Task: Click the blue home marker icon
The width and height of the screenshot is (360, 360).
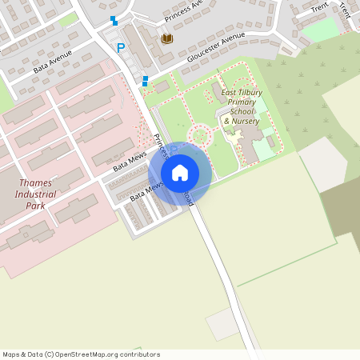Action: [x=180, y=172]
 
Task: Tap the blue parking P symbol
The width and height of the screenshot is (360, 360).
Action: [x=121, y=48]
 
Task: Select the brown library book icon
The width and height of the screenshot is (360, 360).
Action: [x=167, y=38]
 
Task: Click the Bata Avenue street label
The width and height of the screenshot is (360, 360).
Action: [x=53, y=62]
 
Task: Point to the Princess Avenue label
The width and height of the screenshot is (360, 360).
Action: [x=186, y=13]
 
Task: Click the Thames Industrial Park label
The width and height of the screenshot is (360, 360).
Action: [x=34, y=194]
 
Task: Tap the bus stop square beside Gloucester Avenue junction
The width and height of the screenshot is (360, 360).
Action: [x=145, y=80]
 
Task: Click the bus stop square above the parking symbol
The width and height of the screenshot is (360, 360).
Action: [x=114, y=20]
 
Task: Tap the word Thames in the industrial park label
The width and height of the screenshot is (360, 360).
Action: [x=34, y=183]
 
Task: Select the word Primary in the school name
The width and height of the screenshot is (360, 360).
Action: [x=242, y=102]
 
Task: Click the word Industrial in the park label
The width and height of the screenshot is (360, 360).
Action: [x=36, y=194]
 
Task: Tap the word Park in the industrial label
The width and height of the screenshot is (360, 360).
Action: [x=34, y=206]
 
